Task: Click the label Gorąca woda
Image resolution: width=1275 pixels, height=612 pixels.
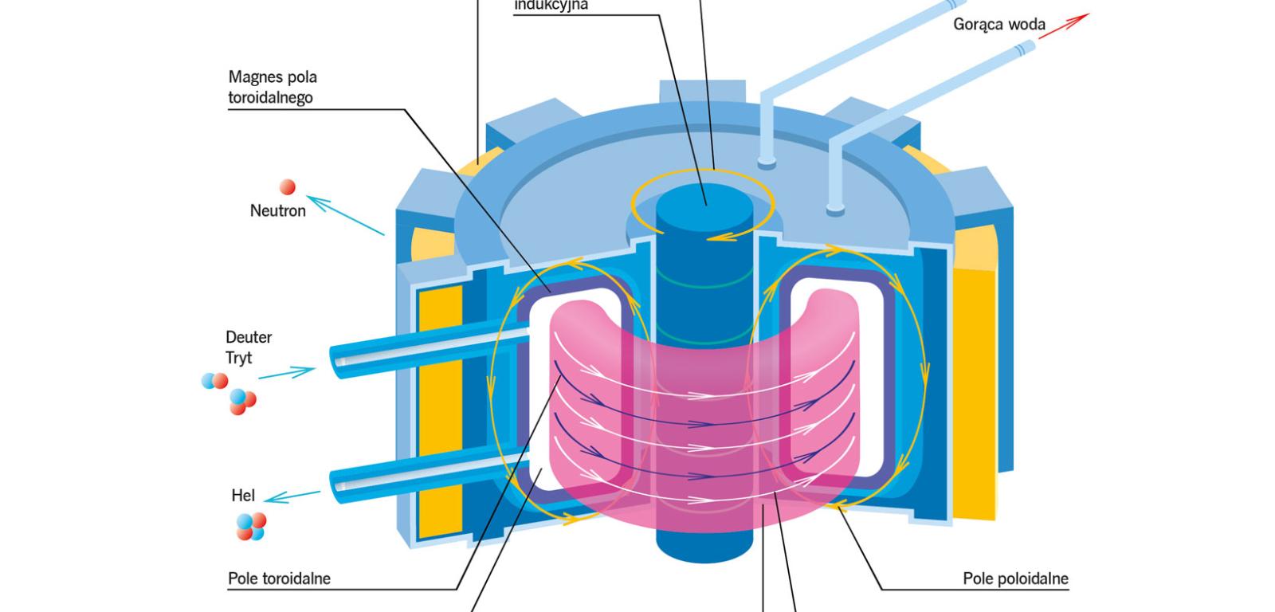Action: click(x=998, y=25)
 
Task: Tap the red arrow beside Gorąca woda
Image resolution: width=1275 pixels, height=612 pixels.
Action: click(x=1064, y=25)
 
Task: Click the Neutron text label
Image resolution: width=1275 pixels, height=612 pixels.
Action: click(x=277, y=211)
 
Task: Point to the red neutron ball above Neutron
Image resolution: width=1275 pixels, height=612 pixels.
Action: click(x=288, y=187)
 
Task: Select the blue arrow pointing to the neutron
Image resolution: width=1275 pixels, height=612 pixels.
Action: click(x=345, y=215)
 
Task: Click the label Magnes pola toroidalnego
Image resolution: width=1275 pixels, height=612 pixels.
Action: click(x=272, y=88)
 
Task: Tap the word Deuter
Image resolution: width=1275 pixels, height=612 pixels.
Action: click(x=249, y=337)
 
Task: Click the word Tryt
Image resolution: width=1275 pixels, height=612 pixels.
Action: click(x=238, y=358)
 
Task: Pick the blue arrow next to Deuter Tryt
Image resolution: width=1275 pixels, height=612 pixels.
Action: click(x=287, y=373)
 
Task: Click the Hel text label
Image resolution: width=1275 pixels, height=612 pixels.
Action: click(x=243, y=496)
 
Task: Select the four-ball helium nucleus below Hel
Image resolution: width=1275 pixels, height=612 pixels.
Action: click(x=250, y=526)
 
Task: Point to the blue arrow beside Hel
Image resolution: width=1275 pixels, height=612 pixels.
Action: click(x=292, y=496)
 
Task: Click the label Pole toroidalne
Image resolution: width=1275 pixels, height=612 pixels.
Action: click(x=279, y=579)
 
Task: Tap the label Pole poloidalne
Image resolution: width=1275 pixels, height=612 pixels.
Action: click(x=1015, y=579)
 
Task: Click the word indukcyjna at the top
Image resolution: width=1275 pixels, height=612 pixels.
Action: click(x=551, y=6)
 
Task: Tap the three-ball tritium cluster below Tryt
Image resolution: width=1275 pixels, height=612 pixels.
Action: click(x=242, y=402)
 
